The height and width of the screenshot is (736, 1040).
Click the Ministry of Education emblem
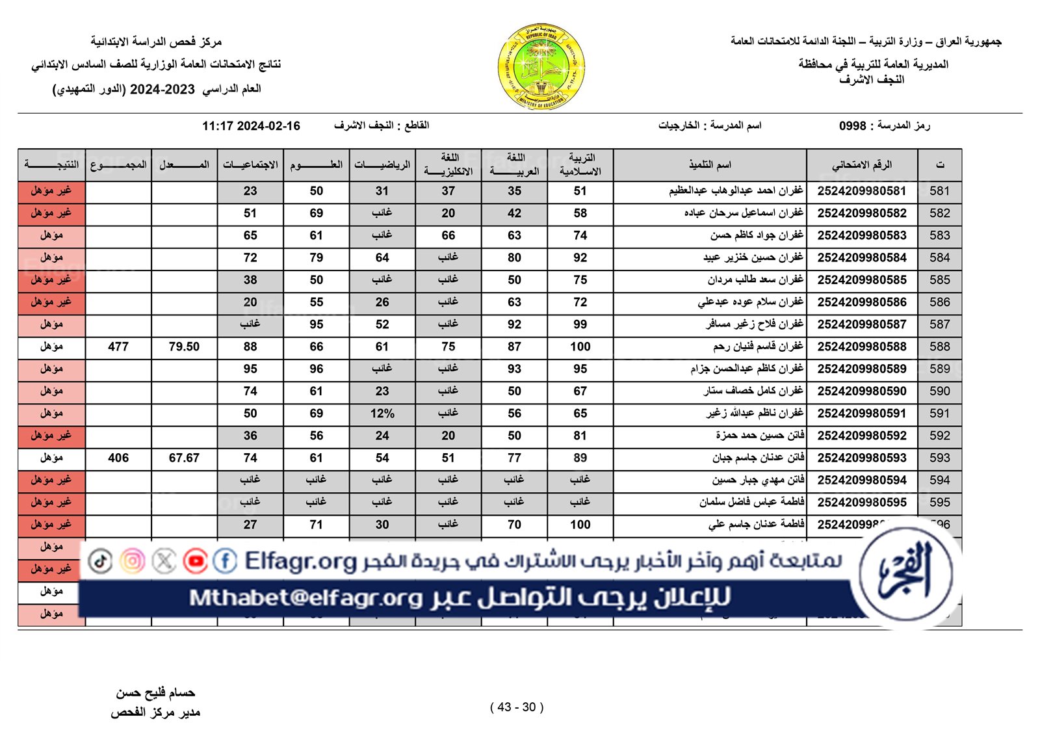[541, 66]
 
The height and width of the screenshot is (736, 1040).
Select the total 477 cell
[118, 347]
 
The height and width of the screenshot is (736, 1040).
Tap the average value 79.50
[184, 347]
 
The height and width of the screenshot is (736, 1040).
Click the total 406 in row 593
[118, 458]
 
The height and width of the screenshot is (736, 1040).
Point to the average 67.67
[184, 458]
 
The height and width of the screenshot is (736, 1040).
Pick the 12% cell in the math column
[382, 414]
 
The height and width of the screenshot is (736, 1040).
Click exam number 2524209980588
[862, 347]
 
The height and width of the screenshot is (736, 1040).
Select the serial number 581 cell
[939, 191]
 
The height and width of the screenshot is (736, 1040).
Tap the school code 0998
[852, 126]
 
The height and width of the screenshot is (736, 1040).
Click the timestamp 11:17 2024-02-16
[251, 126]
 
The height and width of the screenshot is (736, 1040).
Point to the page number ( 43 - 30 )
[517, 707]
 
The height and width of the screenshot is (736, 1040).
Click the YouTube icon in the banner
[195, 561]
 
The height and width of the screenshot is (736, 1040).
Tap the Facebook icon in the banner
[225, 561]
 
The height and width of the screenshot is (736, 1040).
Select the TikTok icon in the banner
[101, 561]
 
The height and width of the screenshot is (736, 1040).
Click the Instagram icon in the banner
[133, 561]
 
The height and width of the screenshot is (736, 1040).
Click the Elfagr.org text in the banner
[301, 561]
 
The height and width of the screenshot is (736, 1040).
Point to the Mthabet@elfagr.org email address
[305, 598]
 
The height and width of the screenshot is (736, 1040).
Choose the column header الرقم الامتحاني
[862, 165]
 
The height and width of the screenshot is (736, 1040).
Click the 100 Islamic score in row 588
[580, 347]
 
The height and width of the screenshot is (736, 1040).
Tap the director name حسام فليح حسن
[155, 693]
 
